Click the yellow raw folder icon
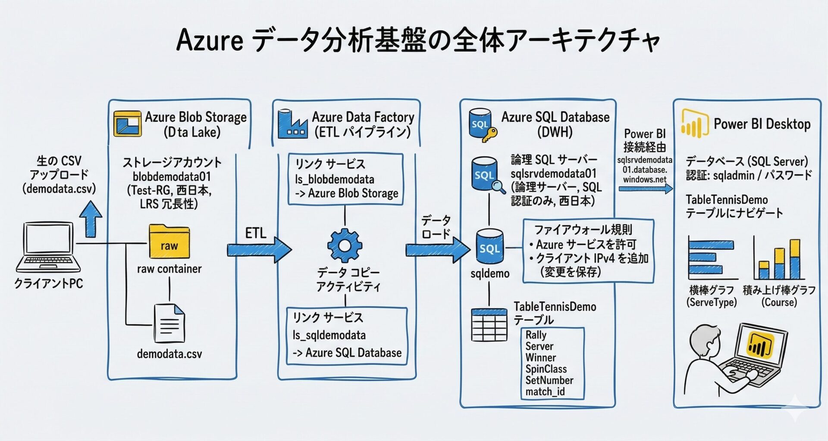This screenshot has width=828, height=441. tap(169, 242)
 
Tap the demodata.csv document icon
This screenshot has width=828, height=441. tap(169, 323)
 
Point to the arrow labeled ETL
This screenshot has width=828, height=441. tap(259, 249)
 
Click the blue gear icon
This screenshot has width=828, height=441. tap(345, 245)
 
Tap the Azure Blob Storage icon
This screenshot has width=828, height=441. tap(127, 124)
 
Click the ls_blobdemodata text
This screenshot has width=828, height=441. tap(334, 179)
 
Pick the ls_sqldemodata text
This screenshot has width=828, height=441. tap(329, 335)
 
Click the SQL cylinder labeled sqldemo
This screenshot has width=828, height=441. tap(489, 247)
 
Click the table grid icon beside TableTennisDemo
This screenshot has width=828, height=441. tap(489, 325)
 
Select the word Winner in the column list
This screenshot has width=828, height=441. tap(540, 357)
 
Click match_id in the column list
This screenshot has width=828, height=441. tap(545, 391)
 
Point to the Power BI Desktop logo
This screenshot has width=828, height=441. tap(695, 124)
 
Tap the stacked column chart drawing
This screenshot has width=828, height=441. tap(779, 258)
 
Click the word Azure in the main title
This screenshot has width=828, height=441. tap(210, 41)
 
